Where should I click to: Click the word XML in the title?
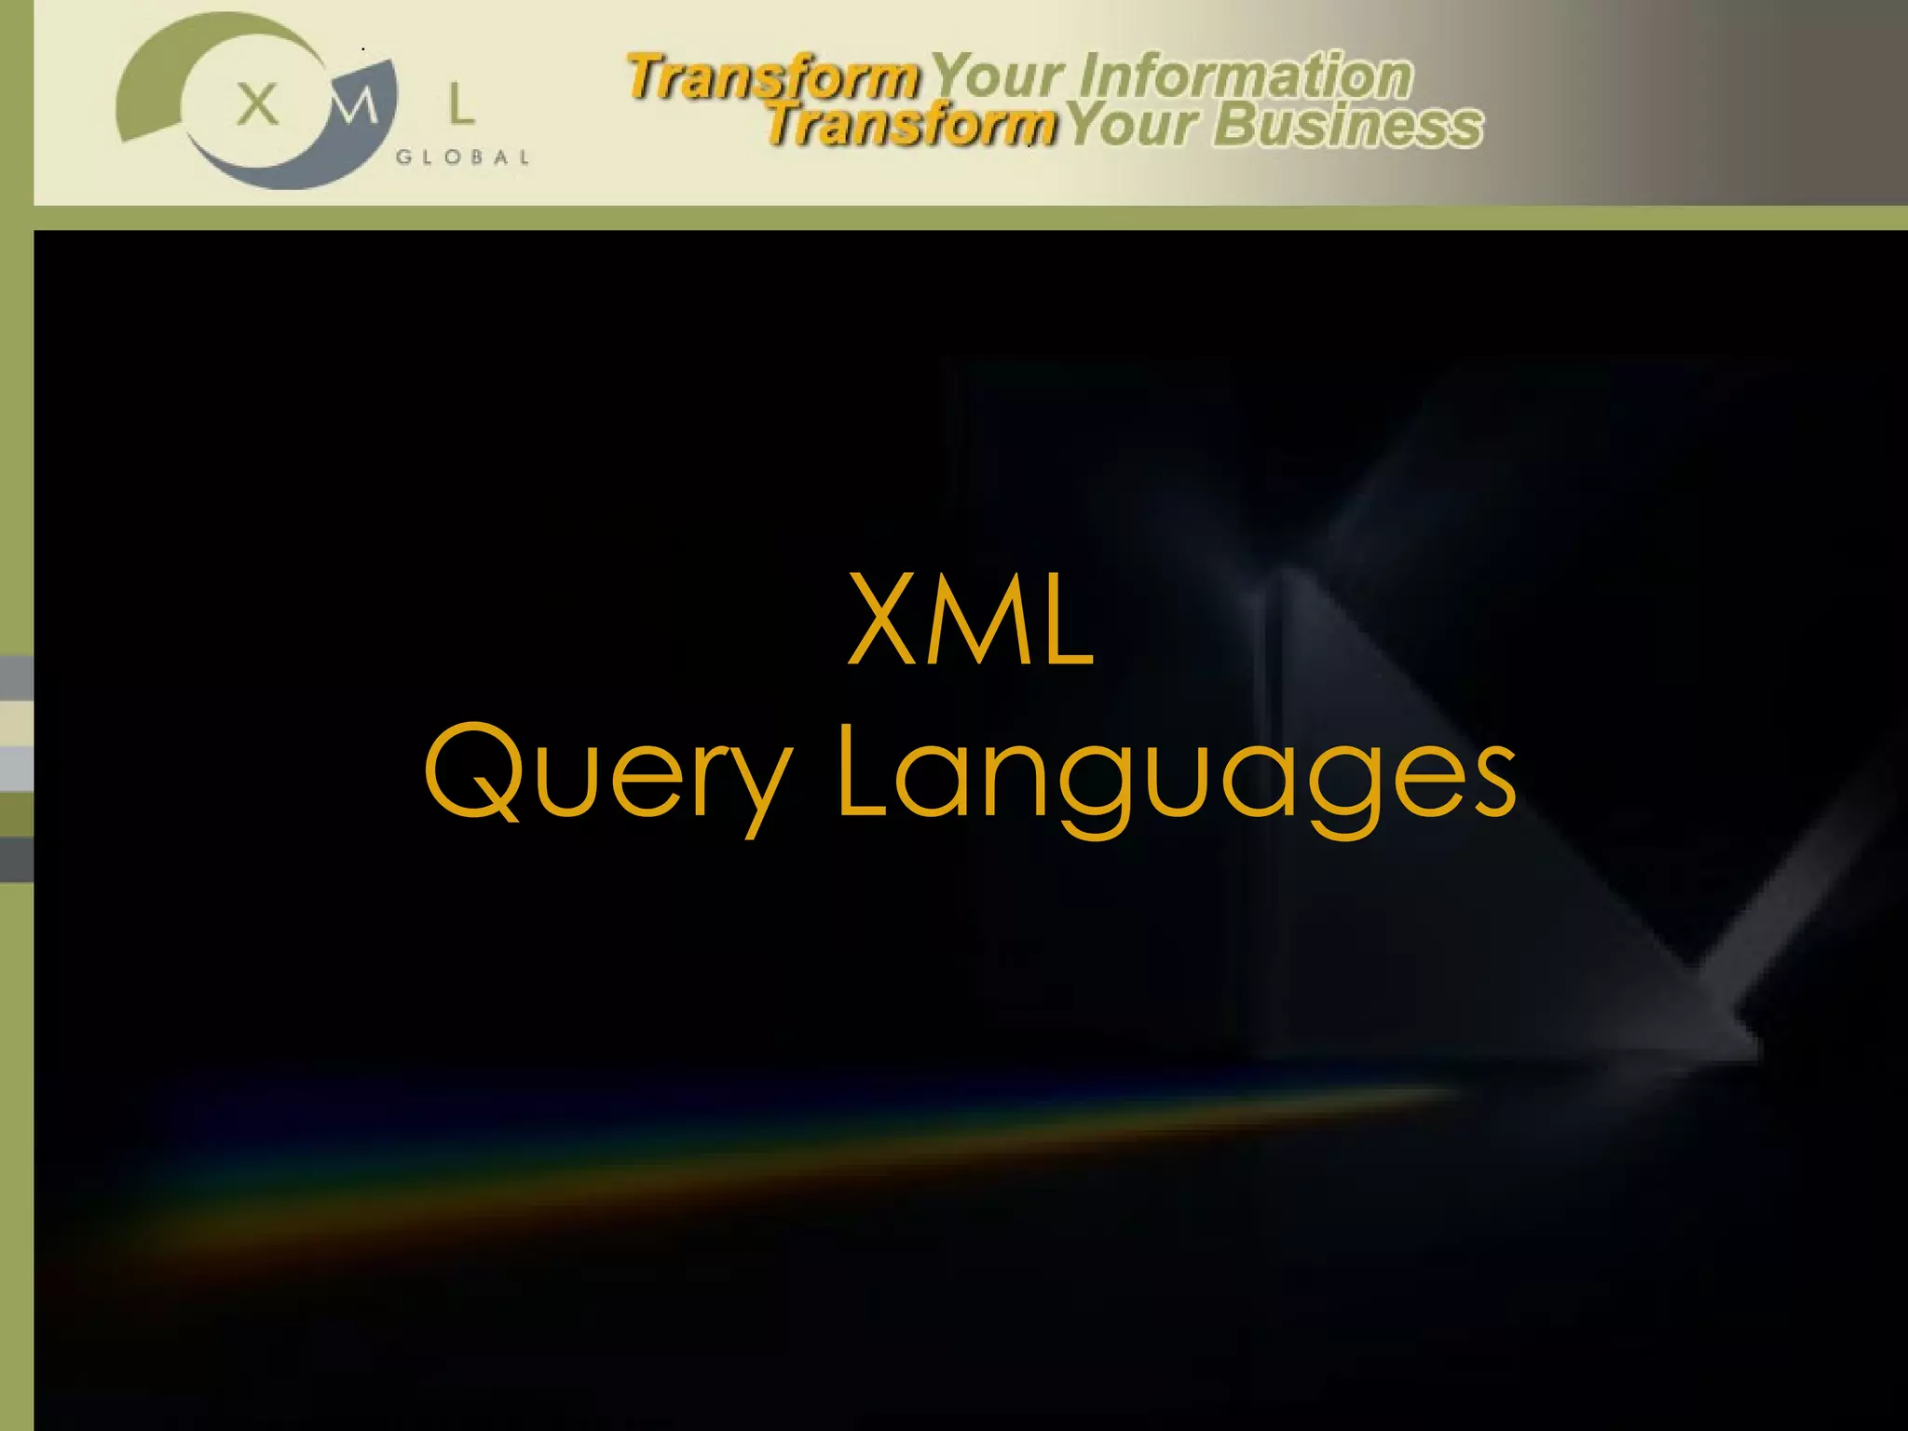click(x=970, y=620)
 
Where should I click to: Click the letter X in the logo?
click(x=257, y=103)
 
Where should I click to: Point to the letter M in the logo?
click(x=355, y=105)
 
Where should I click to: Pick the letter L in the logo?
click(x=460, y=104)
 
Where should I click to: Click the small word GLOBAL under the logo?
click(x=463, y=157)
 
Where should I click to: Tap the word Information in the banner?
click(x=1247, y=75)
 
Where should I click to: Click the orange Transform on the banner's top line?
click(x=772, y=76)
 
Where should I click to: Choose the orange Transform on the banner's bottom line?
click(x=910, y=125)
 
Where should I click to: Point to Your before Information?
click(x=998, y=75)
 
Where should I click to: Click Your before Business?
click(x=1132, y=125)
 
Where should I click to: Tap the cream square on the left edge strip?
click(x=16, y=723)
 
